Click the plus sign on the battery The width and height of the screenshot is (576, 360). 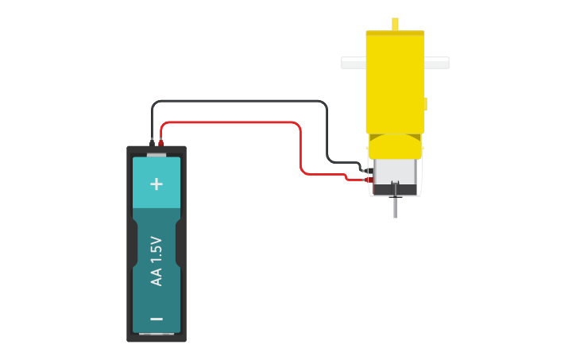[157, 184]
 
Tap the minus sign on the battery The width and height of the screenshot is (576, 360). [157, 319]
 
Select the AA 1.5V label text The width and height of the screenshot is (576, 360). [157, 261]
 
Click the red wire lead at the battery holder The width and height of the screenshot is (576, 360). [161, 143]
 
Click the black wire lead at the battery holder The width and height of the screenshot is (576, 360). [152, 143]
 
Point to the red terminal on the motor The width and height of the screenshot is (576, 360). [368, 180]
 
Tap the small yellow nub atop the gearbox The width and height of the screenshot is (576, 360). [395, 24]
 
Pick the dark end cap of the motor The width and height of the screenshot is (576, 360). [395, 189]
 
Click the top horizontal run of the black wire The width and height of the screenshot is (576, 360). [238, 101]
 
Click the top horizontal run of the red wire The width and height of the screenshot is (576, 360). [230, 122]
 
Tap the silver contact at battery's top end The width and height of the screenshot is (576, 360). [157, 154]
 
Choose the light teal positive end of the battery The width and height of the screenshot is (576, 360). [157, 195]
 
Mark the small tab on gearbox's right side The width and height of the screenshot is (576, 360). [426, 104]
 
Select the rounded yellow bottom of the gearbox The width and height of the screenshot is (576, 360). [395, 147]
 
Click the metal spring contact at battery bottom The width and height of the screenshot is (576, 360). [157, 335]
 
